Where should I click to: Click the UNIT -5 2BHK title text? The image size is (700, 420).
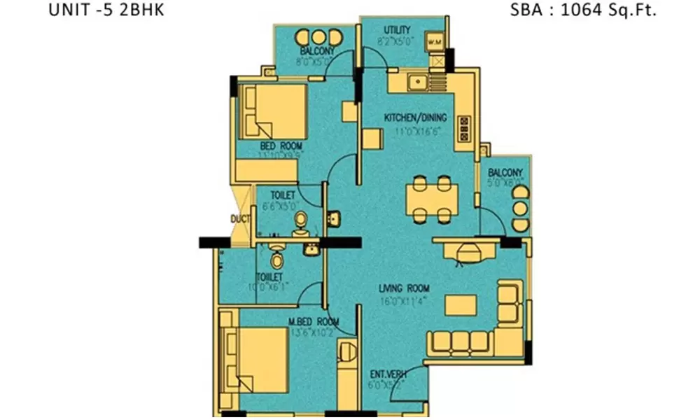pyautogui.click(x=107, y=10)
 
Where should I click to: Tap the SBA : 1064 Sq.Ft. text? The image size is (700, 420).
pyautogui.click(x=585, y=10)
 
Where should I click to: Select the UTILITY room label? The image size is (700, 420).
pyautogui.click(x=398, y=30)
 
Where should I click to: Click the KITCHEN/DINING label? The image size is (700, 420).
pyautogui.click(x=415, y=118)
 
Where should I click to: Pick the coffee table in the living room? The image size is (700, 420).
pyautogui.click(x=461, y=304)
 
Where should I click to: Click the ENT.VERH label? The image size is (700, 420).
pyautogui.click(x=383, y=375)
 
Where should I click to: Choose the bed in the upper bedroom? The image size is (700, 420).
pyautogui.click(x=273, y=112)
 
